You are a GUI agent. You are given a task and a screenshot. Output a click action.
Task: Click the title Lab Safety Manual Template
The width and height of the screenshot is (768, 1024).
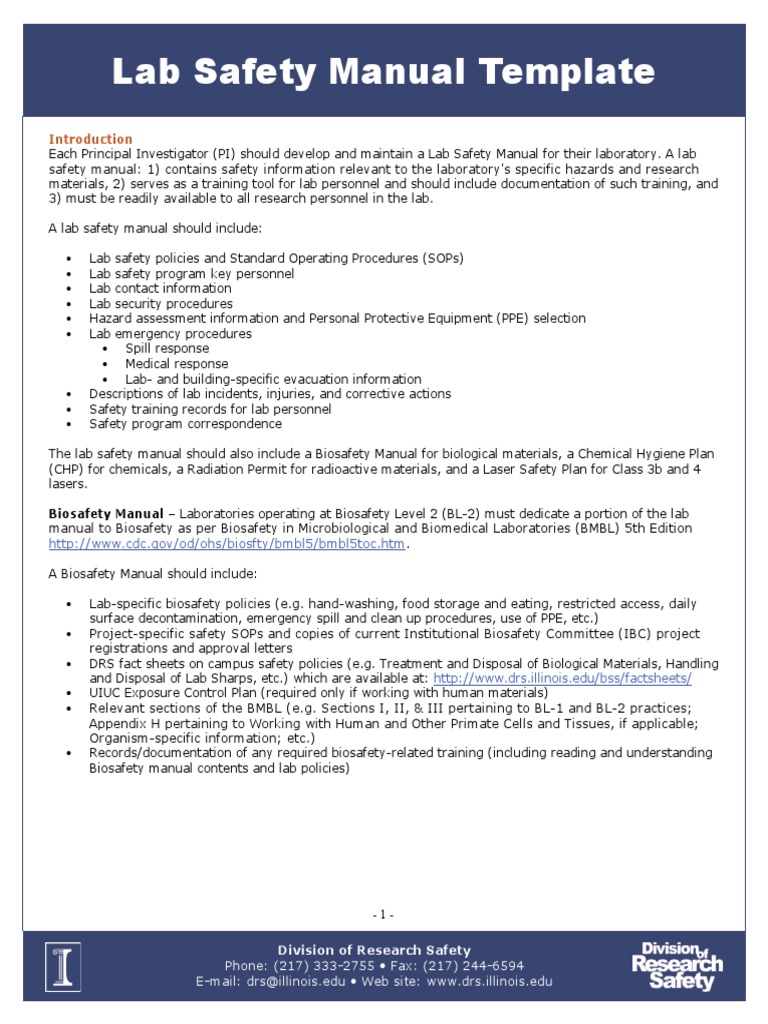(x=383, y=72)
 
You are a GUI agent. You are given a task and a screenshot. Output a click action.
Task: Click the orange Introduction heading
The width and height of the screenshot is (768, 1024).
(x=91, y=139)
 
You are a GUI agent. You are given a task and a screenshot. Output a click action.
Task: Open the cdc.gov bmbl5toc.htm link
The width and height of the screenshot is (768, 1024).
(x=229, y=544)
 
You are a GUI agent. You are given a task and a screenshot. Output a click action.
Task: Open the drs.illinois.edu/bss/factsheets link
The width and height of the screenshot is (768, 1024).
(x=562, y=678)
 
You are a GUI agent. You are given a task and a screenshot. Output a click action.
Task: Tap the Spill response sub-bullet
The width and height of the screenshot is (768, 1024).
(x=167, y=349)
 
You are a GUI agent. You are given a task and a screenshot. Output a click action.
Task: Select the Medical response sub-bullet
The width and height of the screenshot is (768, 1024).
(x=176, y=364)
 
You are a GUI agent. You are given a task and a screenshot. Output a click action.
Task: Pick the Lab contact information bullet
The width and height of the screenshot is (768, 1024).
(x=160, y=289)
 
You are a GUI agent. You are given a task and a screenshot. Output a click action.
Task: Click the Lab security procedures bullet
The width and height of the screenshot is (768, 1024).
(x=161, y=304)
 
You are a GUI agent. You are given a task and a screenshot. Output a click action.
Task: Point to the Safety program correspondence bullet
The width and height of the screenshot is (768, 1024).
(x=185, y=424)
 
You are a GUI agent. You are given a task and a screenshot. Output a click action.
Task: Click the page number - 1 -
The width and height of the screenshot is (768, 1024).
(x=383, y=914)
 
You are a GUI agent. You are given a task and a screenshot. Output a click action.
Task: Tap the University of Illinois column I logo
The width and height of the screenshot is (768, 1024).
(x=63, y=966)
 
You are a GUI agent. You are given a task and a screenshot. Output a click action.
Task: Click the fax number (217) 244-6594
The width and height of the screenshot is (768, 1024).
(x=468, y=966)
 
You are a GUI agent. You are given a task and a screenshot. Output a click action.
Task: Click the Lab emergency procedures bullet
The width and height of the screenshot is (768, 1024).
(x=170, y=334)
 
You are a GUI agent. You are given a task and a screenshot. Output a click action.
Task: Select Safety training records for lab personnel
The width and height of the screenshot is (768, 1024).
(x=210, y=409)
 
